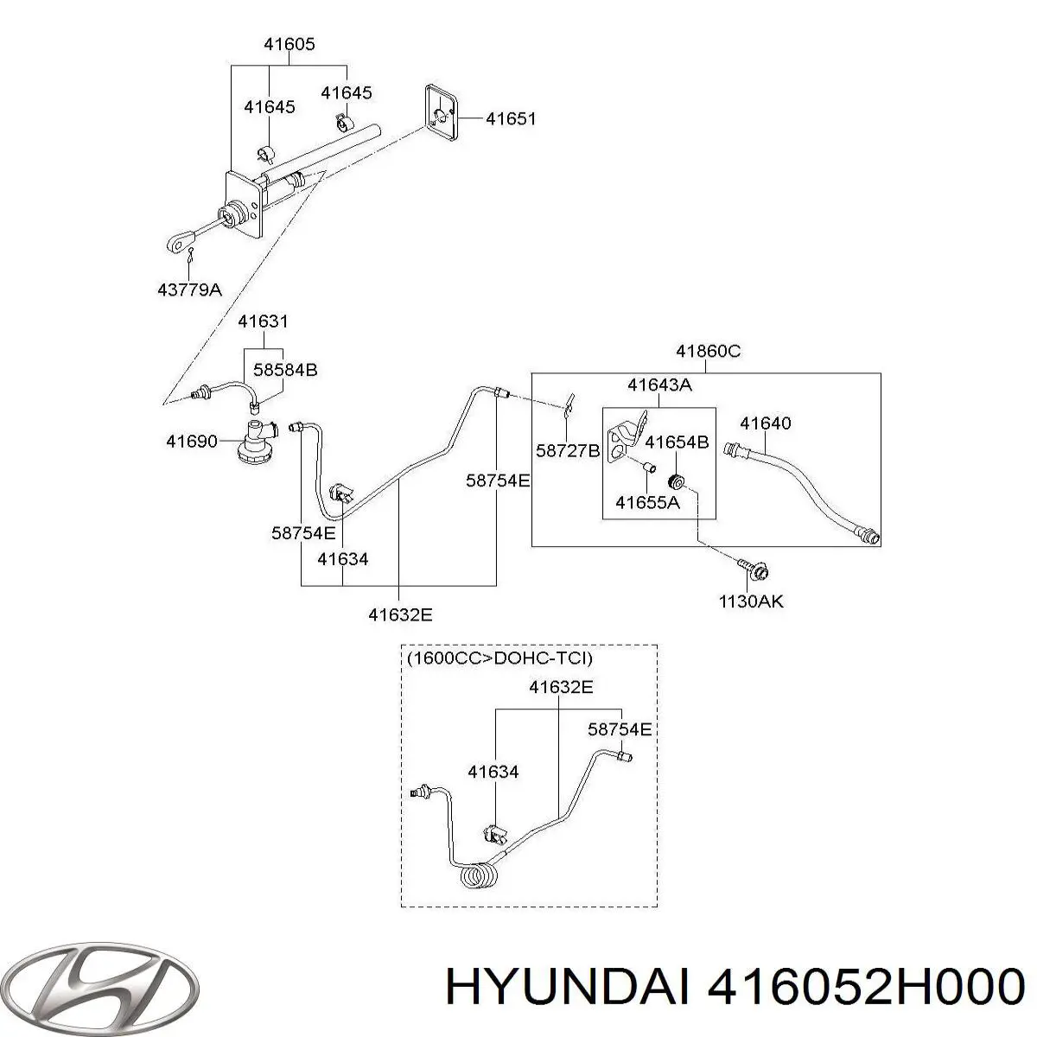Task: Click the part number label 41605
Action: pyautogui.click(x=289, y=45)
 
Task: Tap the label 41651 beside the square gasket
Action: pyautogui.click(x=510, y=119)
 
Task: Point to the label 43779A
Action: pyautogui.click(x=189, y=290)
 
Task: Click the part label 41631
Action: pyautogui.click(x=263, y=321)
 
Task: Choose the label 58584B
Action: pyautogui.click(x=285, y=370)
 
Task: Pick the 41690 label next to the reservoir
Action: pyautogui.click(x=192, y=442)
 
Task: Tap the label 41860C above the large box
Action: pyautogui.click(x=708, y=352)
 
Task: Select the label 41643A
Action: pyautogui.click(x=659, y=385)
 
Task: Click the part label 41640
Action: pyautogui.click(x=765, y=423)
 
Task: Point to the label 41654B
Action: pyautogui.click(x=678, y=442)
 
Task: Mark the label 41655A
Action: pyautogui.click(x=647, y=501)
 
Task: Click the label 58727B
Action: pyautogui.click(x=568, y=450)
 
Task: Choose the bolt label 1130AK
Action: pyautogui.click(x=751, y=601)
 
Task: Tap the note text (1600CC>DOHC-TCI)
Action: pyautogui.click(x=499, y=658)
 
